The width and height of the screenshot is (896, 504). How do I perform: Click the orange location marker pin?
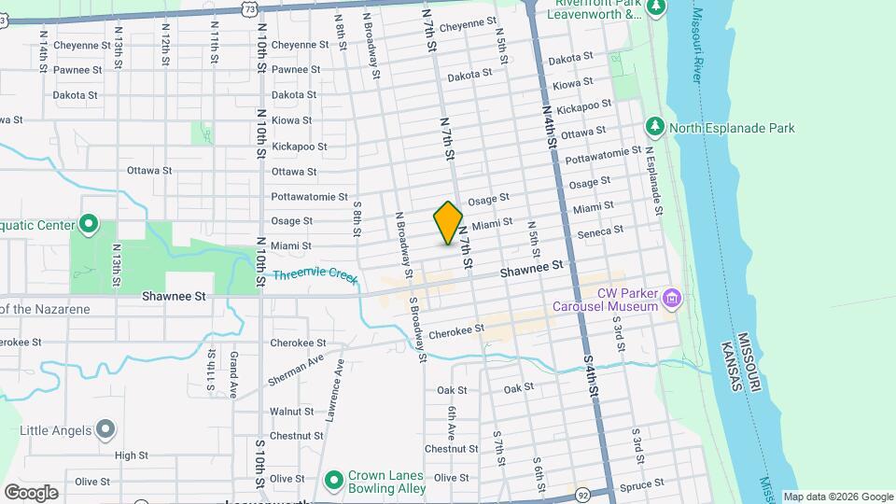click(449, 223)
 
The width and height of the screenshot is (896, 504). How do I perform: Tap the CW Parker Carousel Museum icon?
click(672, 299)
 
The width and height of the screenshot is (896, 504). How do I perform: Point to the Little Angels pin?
click(105, 429)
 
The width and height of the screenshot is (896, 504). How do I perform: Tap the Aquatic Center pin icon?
click(89, 225)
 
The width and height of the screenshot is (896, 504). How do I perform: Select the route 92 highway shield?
click(583, 493)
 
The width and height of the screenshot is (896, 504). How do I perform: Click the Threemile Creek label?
click(315, 276)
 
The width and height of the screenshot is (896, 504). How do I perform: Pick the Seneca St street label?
click(600, 231)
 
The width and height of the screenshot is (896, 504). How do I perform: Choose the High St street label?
click(131, 455)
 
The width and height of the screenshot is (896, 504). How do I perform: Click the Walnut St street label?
click(291, 411)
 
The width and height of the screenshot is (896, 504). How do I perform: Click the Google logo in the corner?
click(32, 492)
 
